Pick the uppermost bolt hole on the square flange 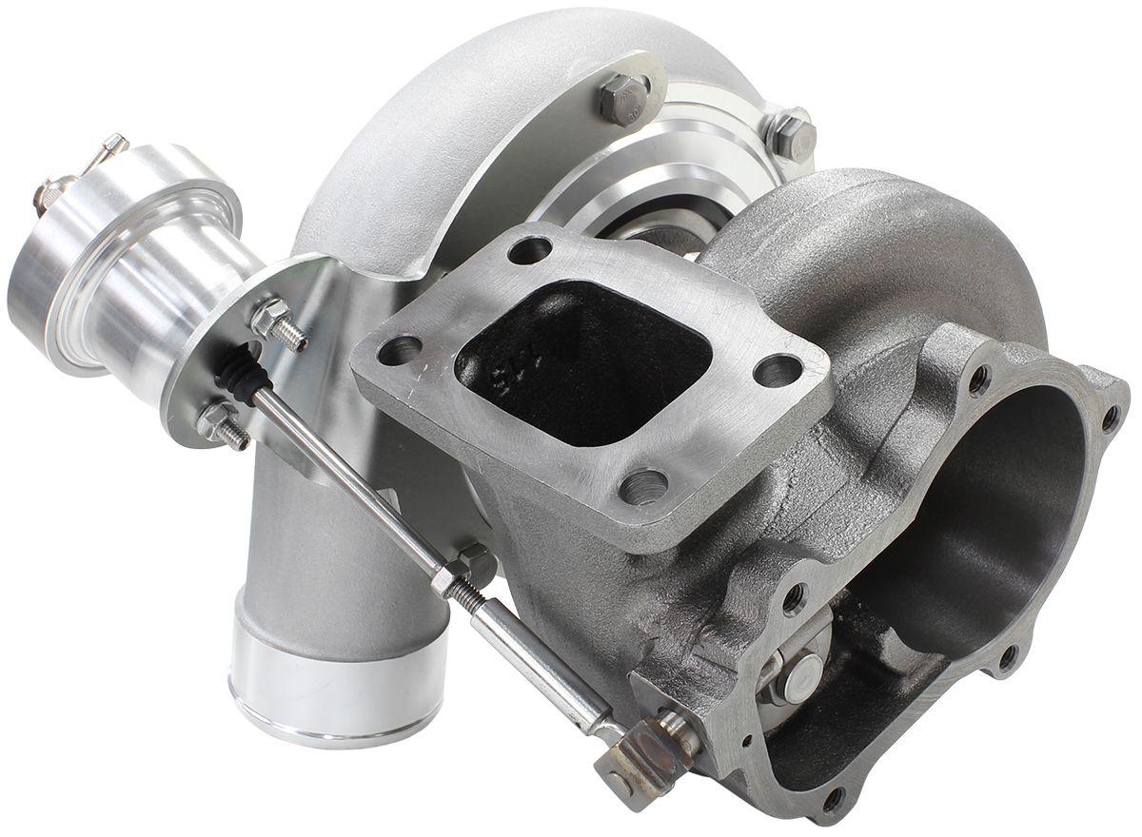(x=529, y=250)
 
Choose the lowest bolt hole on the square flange (x=643, y=488)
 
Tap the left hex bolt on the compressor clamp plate (x=623, y=96)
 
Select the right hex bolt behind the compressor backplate (x=791, y=133)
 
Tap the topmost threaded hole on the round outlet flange (x=979, y=380)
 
